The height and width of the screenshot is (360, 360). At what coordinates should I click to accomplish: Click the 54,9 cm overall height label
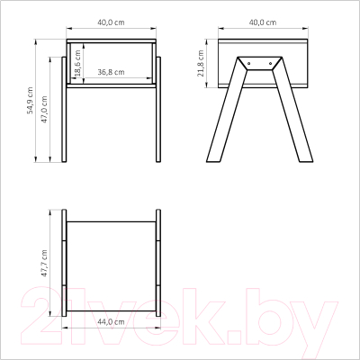point(30,101)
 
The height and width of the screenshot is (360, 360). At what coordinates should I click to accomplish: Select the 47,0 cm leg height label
point(44,110)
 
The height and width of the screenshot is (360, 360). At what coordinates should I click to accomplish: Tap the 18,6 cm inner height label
point(77,63)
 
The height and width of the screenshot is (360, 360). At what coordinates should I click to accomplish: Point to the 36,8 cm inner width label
point(111,72)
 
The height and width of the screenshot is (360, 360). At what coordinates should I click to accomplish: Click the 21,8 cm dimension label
point(201,63)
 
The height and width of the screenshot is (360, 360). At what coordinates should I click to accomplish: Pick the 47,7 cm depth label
point(44,263)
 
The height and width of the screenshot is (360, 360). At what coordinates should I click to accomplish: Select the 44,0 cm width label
point(111,322)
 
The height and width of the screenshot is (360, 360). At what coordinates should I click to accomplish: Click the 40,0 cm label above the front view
point(111,22)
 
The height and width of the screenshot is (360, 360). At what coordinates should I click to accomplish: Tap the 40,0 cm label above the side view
point(263,22)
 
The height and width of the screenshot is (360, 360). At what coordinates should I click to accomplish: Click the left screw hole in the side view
point(249,64)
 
